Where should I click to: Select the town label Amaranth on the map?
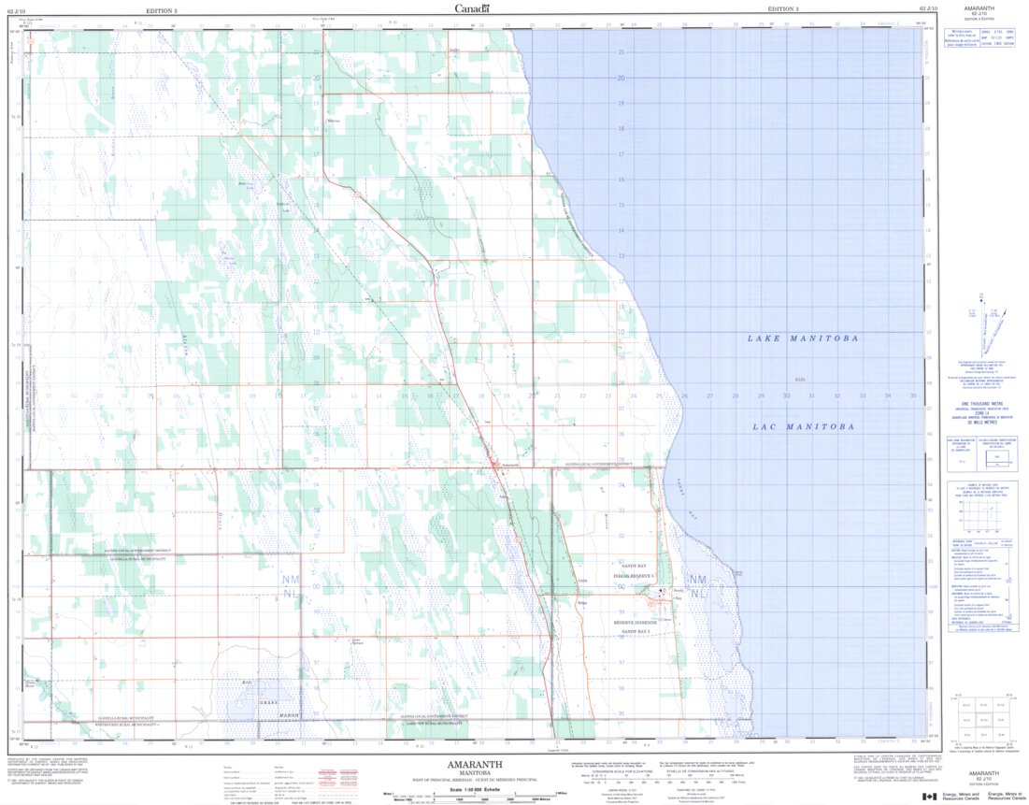coord(509,466)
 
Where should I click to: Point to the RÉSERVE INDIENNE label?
coord(636,623)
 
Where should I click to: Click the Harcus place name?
coord(333,122)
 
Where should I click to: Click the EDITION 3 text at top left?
coord(164,8)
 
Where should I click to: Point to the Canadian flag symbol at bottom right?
coord(931,796)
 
